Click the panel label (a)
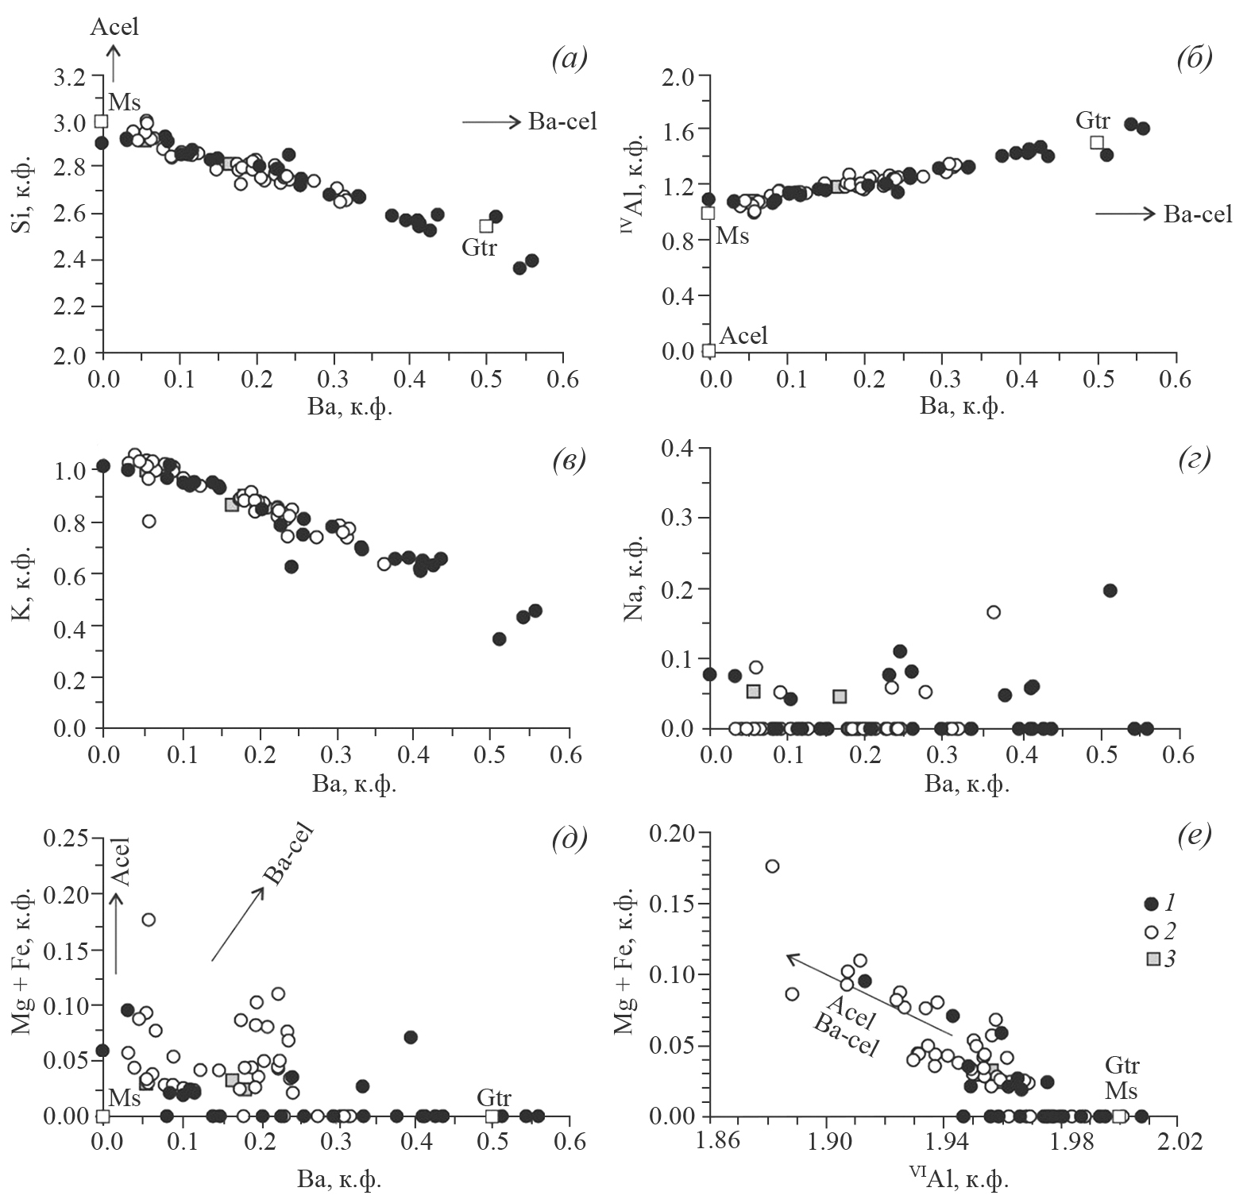(x=569, y=60)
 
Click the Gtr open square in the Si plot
(x=486, y=226)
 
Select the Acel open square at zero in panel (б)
(x=709, y=350)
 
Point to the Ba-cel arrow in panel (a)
(x=491, y=121)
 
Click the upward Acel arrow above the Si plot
(x=114, y=62)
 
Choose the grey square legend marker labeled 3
(x=1153, y=959)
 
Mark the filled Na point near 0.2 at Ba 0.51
(x=1110, y=590)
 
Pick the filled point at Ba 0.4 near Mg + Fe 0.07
(x=411, y=1037)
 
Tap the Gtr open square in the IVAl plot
(x=1097, y=143)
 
